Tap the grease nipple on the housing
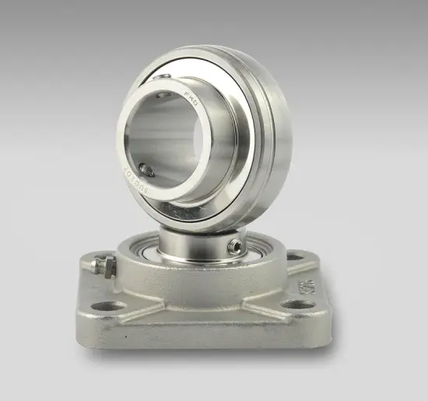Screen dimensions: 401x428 click(103, 266)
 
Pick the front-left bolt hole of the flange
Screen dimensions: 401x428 click(110, 305)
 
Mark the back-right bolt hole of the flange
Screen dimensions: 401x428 click(295, 256)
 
